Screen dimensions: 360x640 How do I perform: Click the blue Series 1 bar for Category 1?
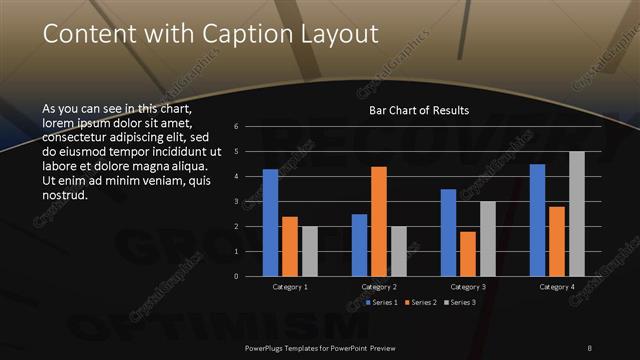[x=270, y=223]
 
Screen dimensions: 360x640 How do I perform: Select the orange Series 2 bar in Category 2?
[x=379, y=221]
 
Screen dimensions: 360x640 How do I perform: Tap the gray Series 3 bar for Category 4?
[x=577, y=214]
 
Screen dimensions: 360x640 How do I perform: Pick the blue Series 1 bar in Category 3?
[x=448, y=233]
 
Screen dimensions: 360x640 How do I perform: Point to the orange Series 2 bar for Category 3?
[x=467, y=254]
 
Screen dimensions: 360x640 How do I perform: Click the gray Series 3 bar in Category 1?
[x=309, y=251]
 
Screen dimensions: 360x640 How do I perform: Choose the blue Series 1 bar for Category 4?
[x=538, y=220]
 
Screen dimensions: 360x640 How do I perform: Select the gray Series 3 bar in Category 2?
[x=398, y=251]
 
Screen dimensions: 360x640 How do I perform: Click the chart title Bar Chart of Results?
[x=419, y=110]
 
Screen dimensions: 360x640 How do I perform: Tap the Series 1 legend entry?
[x=383, y=302]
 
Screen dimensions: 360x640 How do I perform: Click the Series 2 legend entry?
[x=420, y=302]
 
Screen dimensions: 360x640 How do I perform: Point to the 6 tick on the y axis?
[x=236, y=127]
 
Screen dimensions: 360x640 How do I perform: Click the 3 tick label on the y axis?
[x=236, y=202]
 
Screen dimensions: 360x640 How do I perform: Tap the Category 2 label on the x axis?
[x=379, y=287]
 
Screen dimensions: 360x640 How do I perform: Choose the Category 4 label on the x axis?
[x=557, y=287]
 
